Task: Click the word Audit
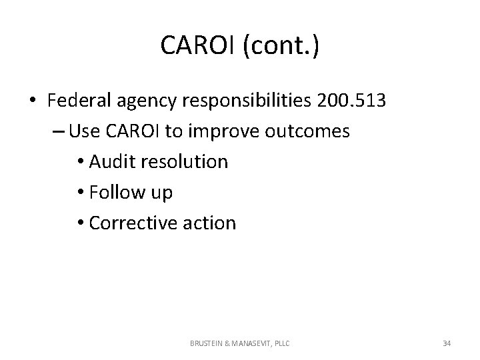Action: (x=109, y=162)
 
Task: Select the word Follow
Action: (x=113, y=192)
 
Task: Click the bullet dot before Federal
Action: (x=32, y=101)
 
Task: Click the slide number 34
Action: (x=446, y=343)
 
